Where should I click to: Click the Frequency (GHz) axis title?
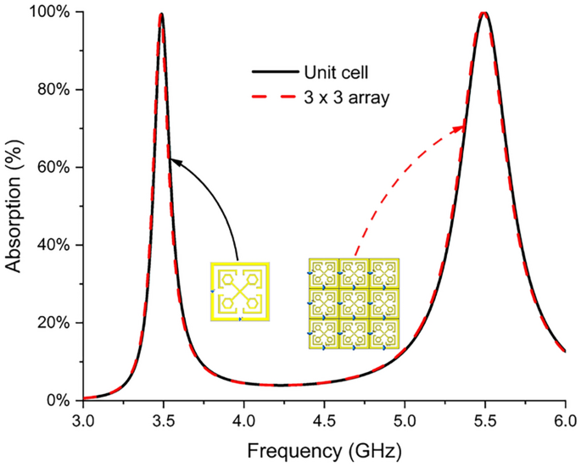(x=324, y=447)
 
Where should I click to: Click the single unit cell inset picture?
(x=240, y=292)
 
